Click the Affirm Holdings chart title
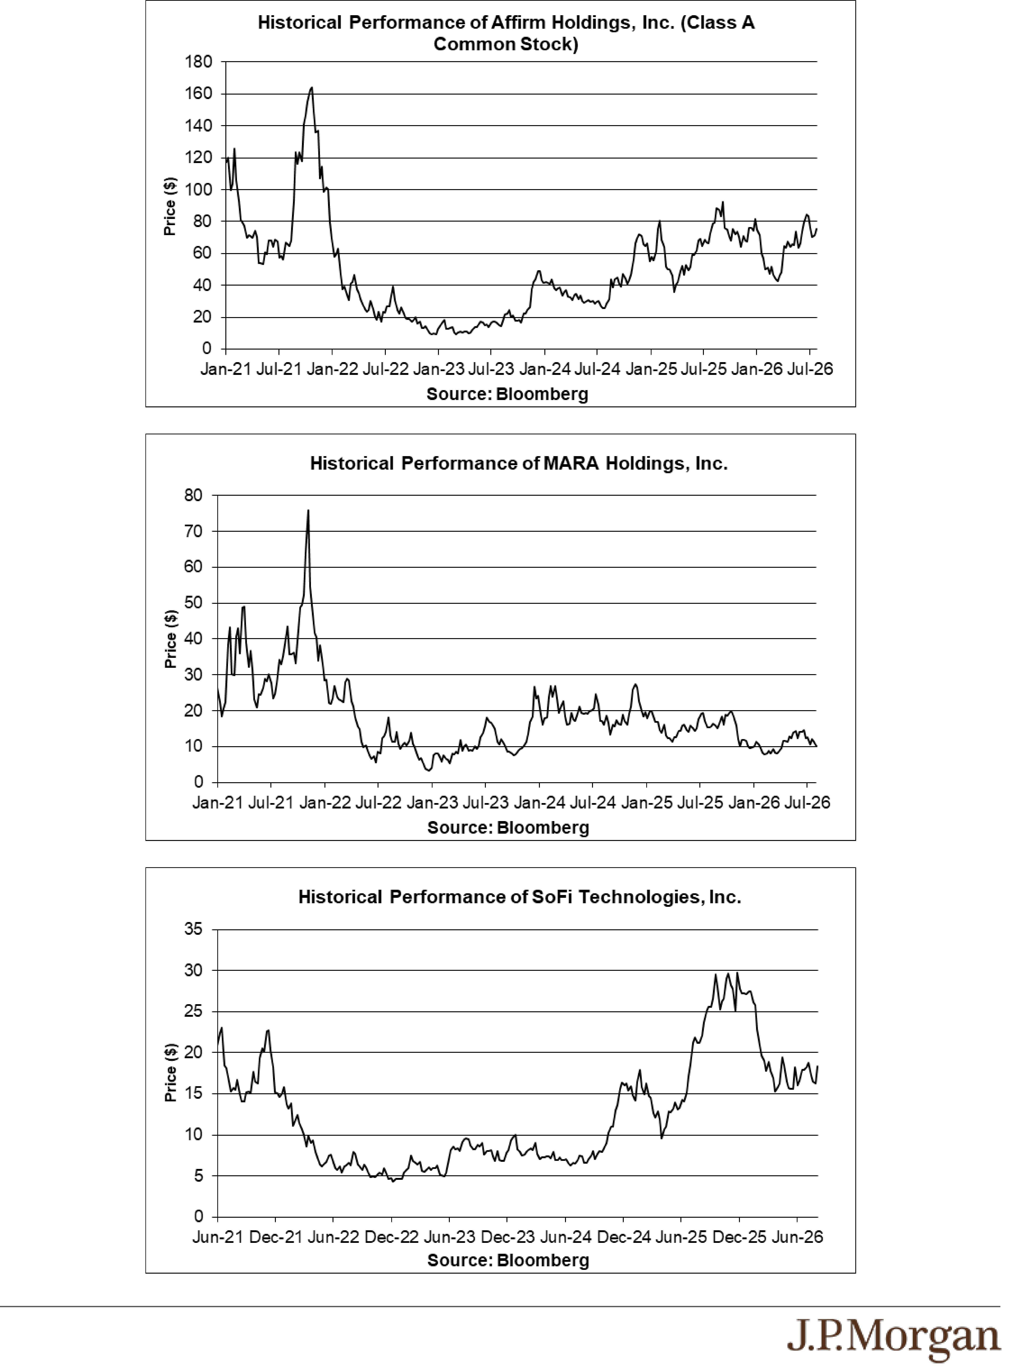click(506, 33)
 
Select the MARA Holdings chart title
click(519, 463)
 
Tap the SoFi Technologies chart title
click(519, 897)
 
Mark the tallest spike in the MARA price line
click(308, 510)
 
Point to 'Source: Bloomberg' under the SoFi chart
click(508, 1260)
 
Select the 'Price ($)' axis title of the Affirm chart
click(170, 206)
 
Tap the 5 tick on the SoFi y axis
click(198, 1176)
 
